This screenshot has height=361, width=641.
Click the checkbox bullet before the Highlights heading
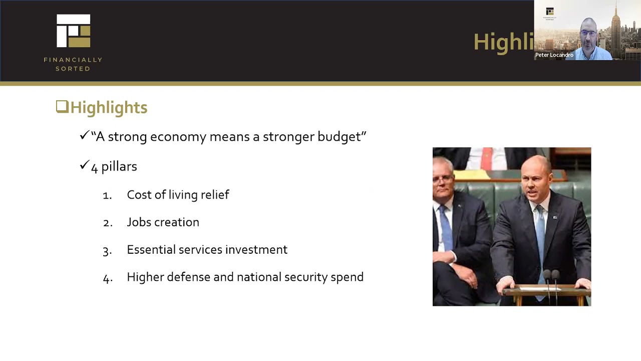(x=62, y=106)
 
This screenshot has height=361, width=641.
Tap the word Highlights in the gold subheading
(x=109, y=107)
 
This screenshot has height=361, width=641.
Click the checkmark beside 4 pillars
(x=84, y=165)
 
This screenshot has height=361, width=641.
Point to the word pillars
(x=119, y=166)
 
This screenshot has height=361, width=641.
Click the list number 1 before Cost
(x=107, y=196)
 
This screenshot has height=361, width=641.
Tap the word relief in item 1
(x=215, y=195)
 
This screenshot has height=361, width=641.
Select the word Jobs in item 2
(x=138, y=222)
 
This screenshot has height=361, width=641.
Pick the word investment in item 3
(x=256, y=250)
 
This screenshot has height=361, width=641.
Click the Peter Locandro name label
(x=554, y=55)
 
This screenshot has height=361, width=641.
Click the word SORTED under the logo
(x=73, y=69)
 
